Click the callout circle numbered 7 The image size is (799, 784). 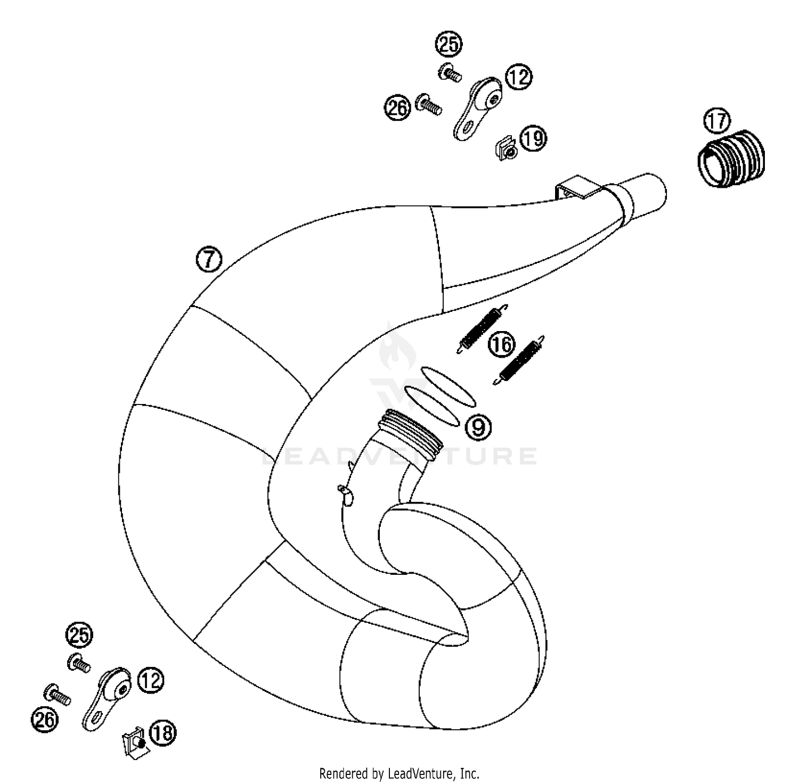point(209,260)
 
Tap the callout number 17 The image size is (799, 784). point(717,121)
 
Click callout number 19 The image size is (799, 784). point(533,138)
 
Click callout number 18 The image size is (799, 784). point(162,733)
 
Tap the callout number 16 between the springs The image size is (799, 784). point(502,344)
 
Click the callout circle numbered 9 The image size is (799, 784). point(478,426)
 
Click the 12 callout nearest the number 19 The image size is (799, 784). point(518,77)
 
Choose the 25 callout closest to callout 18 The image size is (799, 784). point(79,635)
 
